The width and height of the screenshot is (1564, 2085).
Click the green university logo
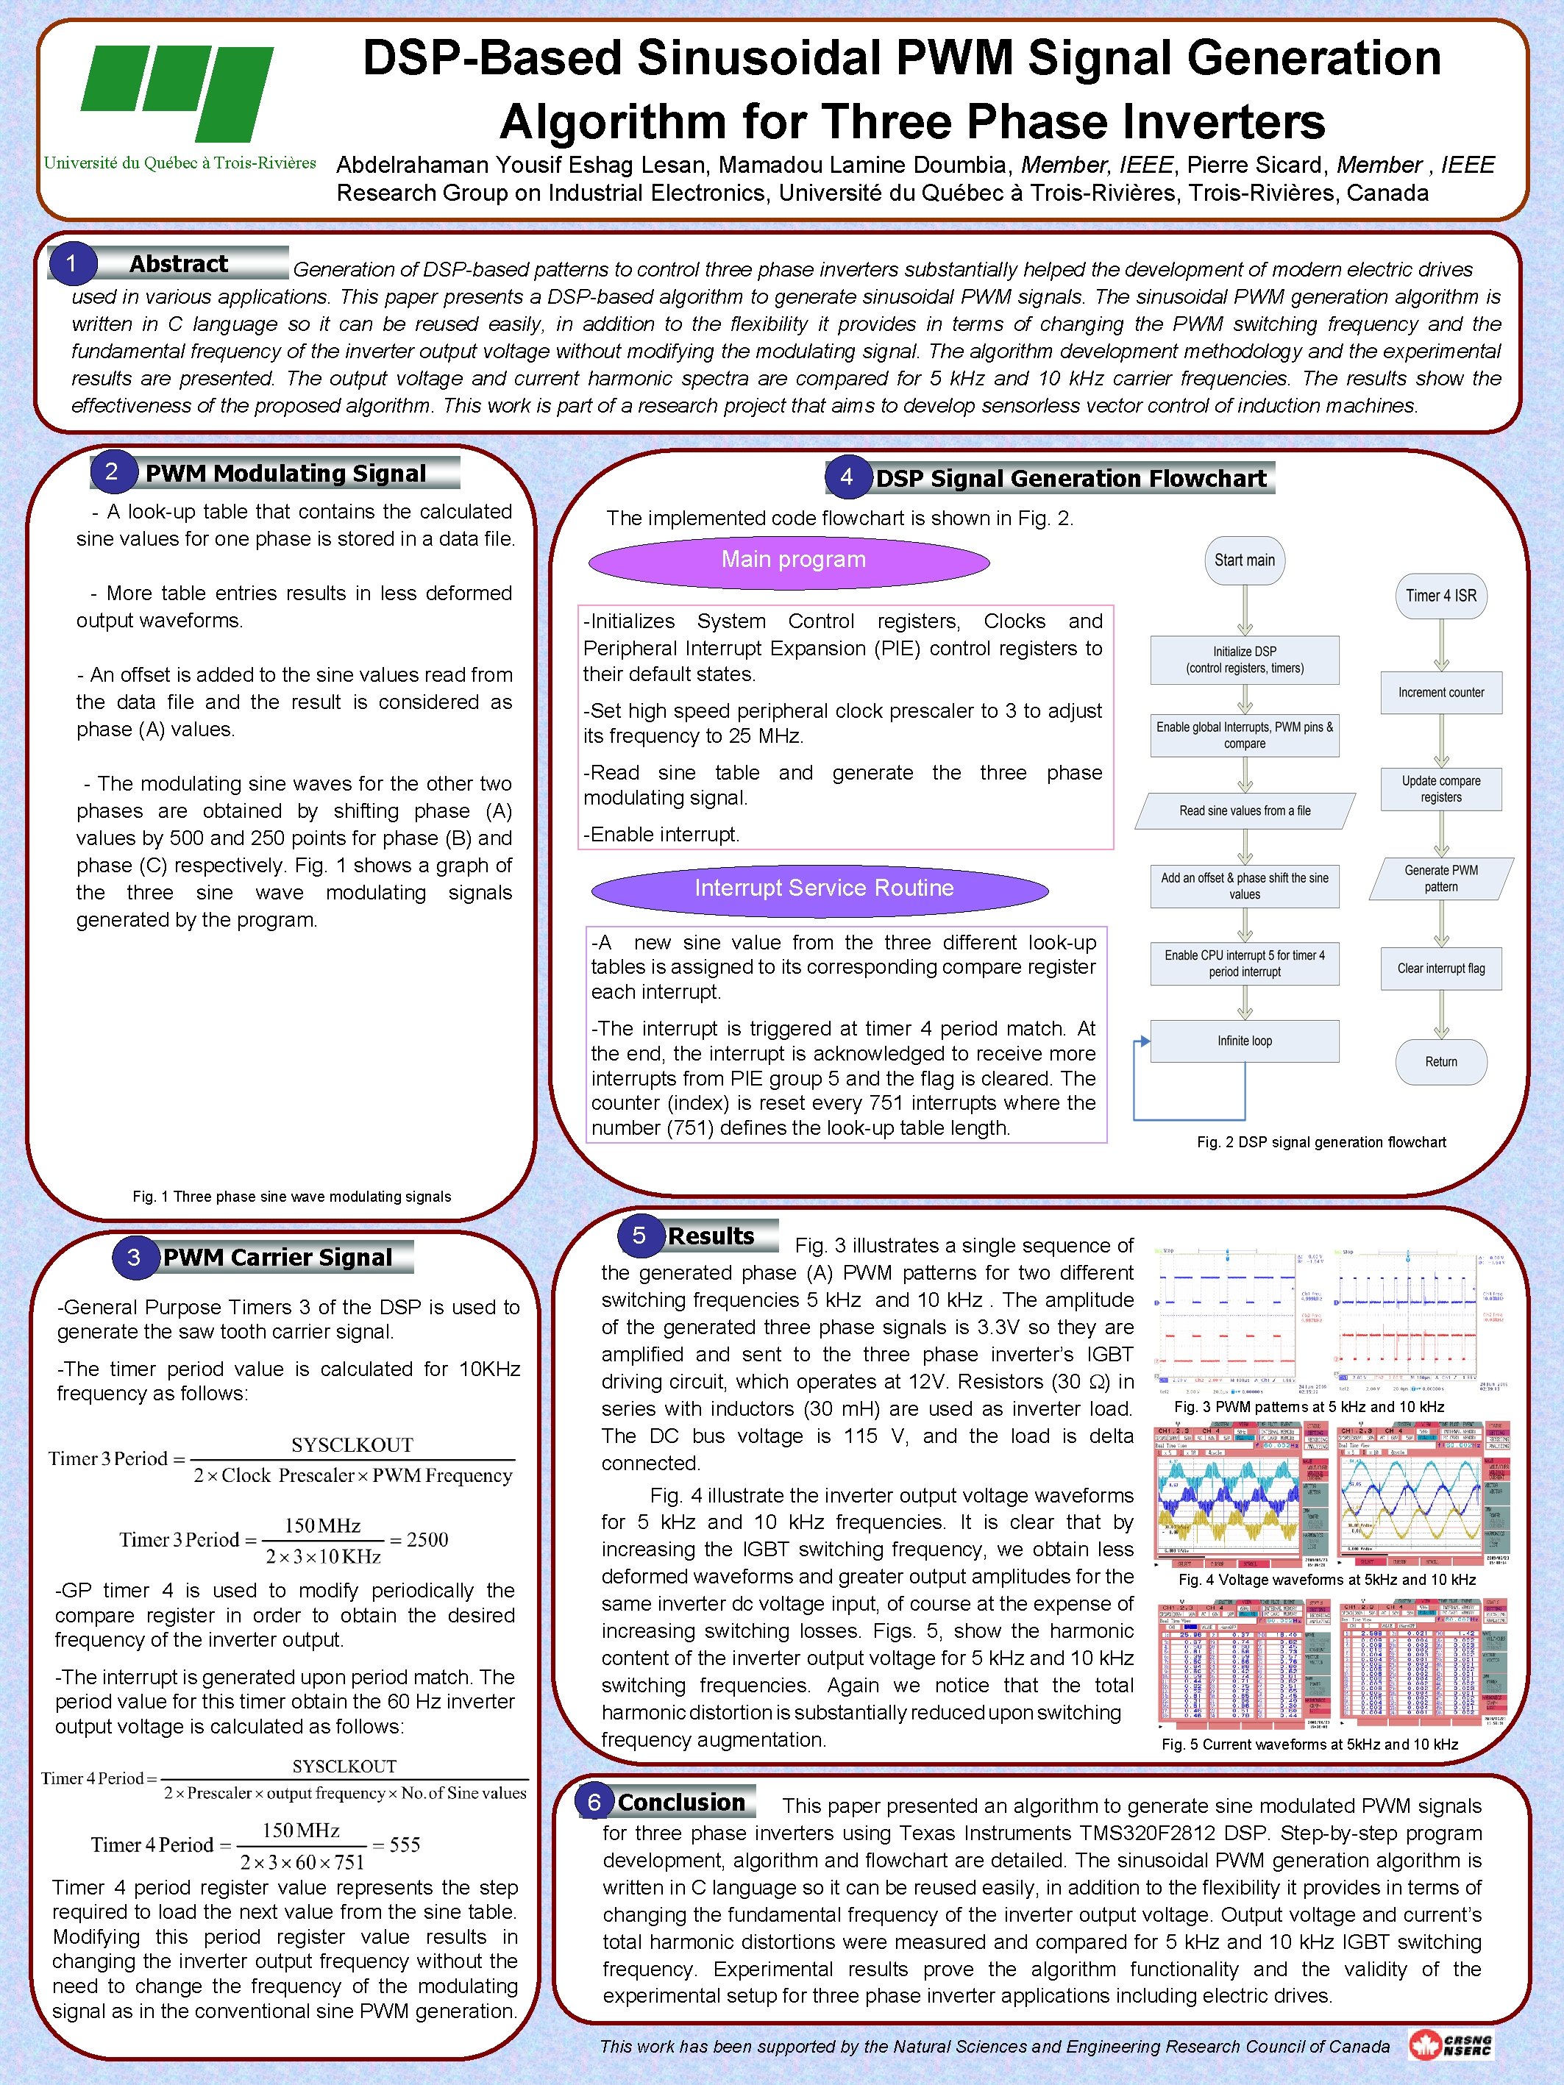[177, 93]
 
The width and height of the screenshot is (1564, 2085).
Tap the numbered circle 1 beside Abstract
[71, 264]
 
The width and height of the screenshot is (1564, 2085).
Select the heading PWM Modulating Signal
[285, 473]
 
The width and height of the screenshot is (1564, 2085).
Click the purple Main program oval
[789, 562]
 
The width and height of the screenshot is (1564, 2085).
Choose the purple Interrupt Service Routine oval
[820, 889]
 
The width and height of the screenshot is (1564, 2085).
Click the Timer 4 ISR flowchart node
[1440, 596]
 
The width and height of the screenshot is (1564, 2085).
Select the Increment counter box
[1440, 693]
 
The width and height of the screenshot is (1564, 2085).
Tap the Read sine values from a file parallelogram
[1245, 810]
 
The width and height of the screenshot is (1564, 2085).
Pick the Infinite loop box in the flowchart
[1245, 1041]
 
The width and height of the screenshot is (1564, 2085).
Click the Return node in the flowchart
[1440, 1062]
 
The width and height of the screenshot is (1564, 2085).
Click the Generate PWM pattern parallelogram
[1440, 878]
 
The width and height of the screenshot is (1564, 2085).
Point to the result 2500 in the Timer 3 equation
[427, 1540]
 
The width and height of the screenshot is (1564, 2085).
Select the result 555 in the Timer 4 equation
[405, 1845]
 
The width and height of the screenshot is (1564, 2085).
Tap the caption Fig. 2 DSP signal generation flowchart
[1320, 1142]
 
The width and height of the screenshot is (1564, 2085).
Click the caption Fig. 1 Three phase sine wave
[291, 1197]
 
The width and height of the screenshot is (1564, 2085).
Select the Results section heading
[711, 1236]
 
